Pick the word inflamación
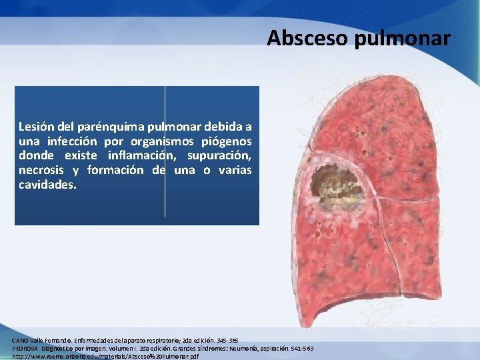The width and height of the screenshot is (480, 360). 133,155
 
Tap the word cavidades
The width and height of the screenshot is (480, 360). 47,185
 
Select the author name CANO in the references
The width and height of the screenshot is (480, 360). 20,340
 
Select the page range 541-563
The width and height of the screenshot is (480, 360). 299,349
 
